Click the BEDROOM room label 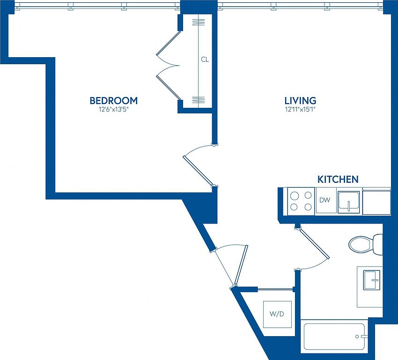(114, 101)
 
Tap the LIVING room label (300, 101)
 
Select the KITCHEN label (338, 180)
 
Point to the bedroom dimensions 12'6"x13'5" (114, 110)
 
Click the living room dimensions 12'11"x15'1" (300, 110)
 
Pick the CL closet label (205, 60)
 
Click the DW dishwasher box (326, 200)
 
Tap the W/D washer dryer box (277, 314)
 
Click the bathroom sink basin (372, 280)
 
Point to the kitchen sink (349, 202)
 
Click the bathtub (334, 337)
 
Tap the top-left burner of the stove (294, 196)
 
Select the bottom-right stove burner (308, 207)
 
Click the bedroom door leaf (198, 171)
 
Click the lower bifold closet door (169, 88)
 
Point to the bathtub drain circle (357, 337)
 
